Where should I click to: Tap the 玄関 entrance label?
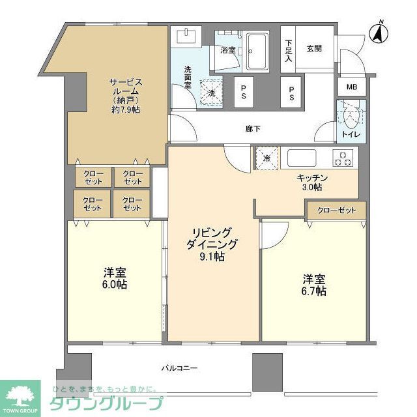(314, 48)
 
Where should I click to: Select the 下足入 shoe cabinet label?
(289, 51)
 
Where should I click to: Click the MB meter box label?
(351, 87)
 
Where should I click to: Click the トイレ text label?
(351, 135)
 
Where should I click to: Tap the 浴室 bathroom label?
(228, 50)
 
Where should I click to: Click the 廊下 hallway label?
(253, 129)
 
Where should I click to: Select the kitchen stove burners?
(343, 157)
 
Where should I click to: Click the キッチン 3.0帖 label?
(311, 182)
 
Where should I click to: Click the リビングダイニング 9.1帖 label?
(210, 244)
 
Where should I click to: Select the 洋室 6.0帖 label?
(113, 279)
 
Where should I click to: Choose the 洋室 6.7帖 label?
(313, 285)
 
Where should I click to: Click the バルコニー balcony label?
(179, 368)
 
